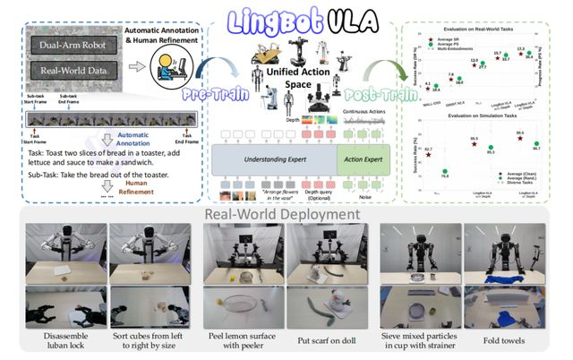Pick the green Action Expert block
(362, 159)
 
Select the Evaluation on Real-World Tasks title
(484, 30)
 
